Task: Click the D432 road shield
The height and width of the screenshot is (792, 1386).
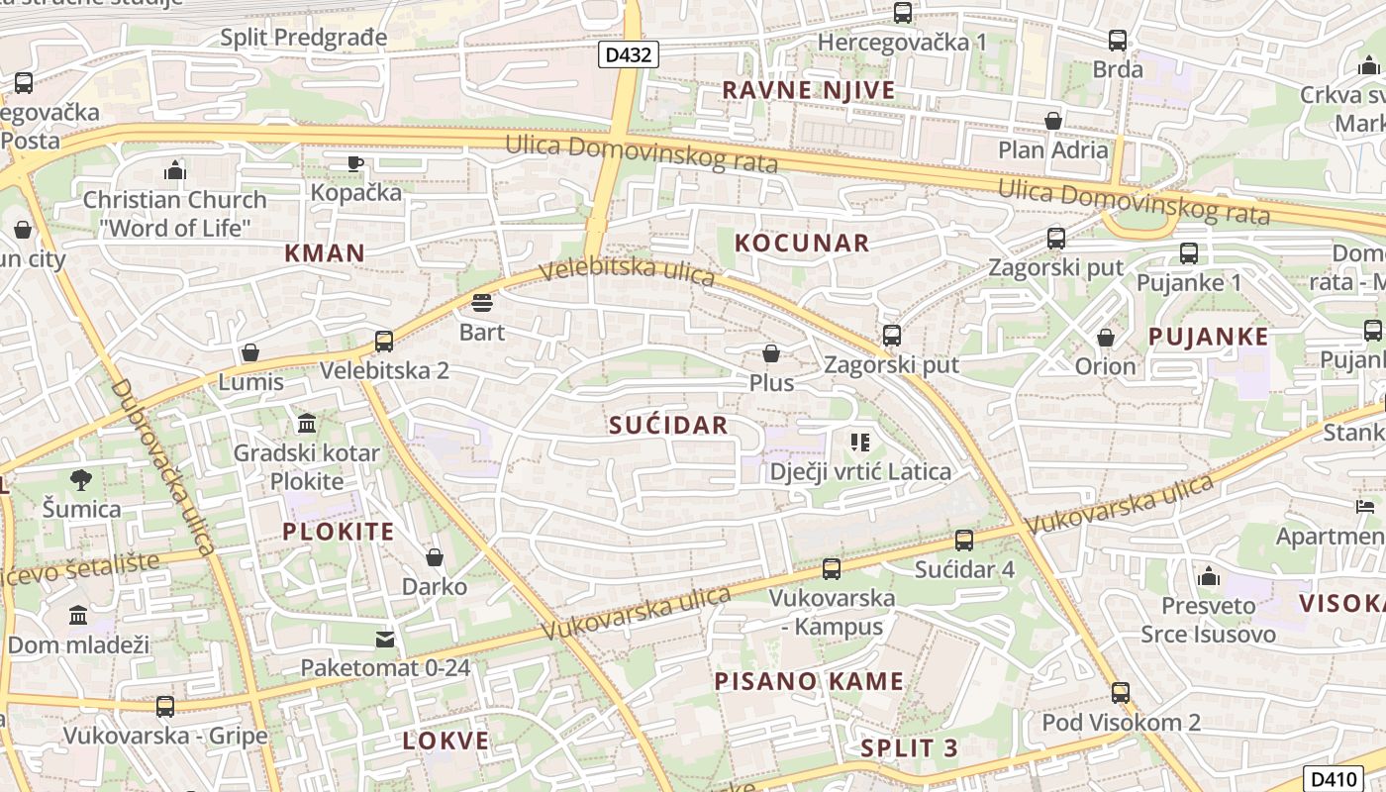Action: [629, 54]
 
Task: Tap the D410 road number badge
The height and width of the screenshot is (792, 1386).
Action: [1336, 778]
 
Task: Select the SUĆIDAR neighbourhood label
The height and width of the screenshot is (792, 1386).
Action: [668, 426]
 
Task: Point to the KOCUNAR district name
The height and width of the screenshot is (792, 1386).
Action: [802, 243]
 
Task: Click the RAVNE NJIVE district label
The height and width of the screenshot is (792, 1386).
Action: [808, 90]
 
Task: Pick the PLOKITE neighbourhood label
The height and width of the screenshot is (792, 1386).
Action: [339, 532]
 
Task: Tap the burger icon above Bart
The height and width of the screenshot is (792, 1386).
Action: [482, 302]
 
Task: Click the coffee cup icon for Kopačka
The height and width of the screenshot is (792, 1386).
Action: [355, 163]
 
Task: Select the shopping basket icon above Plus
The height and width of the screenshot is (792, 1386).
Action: [771, 353]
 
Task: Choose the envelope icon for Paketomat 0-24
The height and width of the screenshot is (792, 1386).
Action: [385, 640]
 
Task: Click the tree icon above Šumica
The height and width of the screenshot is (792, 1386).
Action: [81, 480]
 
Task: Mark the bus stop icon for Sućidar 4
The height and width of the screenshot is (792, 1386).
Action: [963, 541]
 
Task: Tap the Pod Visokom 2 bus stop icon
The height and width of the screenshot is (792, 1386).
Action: [1121, 693]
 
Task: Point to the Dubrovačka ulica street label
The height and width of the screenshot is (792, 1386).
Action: [164, 466]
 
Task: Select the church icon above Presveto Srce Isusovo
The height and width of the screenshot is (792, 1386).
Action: [1208, 577]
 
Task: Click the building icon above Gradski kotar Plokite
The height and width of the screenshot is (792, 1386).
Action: [307, 424]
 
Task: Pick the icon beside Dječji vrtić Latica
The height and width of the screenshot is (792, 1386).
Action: [859, 443]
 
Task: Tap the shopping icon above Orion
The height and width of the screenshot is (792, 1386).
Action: [1106, 338]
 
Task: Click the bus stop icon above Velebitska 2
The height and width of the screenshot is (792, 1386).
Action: [384, 342]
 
